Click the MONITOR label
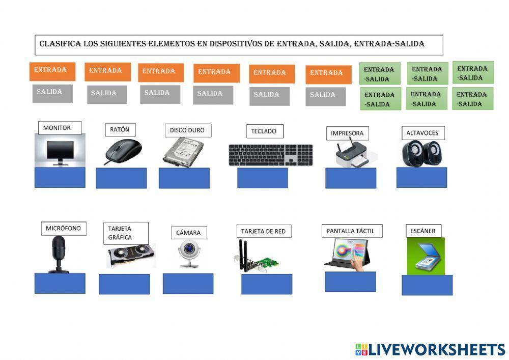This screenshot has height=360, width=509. click(x=57, y=128)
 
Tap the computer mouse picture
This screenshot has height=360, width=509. click(x=123, y=151)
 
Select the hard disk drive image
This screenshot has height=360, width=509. click(x=183, y=151)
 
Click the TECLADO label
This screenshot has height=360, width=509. click(x=264, y=131)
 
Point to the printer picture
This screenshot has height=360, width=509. click(x=351, y=154)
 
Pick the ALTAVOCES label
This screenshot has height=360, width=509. click(x=422, y=133)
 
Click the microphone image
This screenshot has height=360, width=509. click(x=59, y=254)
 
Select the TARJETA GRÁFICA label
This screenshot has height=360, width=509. click(x=126, y=233)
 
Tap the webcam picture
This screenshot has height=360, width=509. click(x=188, y=253)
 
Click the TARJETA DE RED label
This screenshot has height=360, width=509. click(x=263, y=231)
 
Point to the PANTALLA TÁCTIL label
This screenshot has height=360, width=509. click(x=352, y=231)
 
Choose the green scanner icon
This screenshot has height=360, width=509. click(x=426, y=257)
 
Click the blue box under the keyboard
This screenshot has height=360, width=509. click(x=263, y=178)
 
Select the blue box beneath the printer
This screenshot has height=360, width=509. click(x=351, y=178)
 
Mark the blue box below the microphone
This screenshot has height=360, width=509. click(x=60, y=283)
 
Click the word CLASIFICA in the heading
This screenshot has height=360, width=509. click(x=60, y=44)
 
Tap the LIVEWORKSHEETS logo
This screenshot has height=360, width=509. click(x=430, y=349)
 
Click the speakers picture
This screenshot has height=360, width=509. click(x=422, y=153)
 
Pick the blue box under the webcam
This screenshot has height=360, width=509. click(x=188, y=284)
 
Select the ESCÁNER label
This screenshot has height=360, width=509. click(x=423, y=231)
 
